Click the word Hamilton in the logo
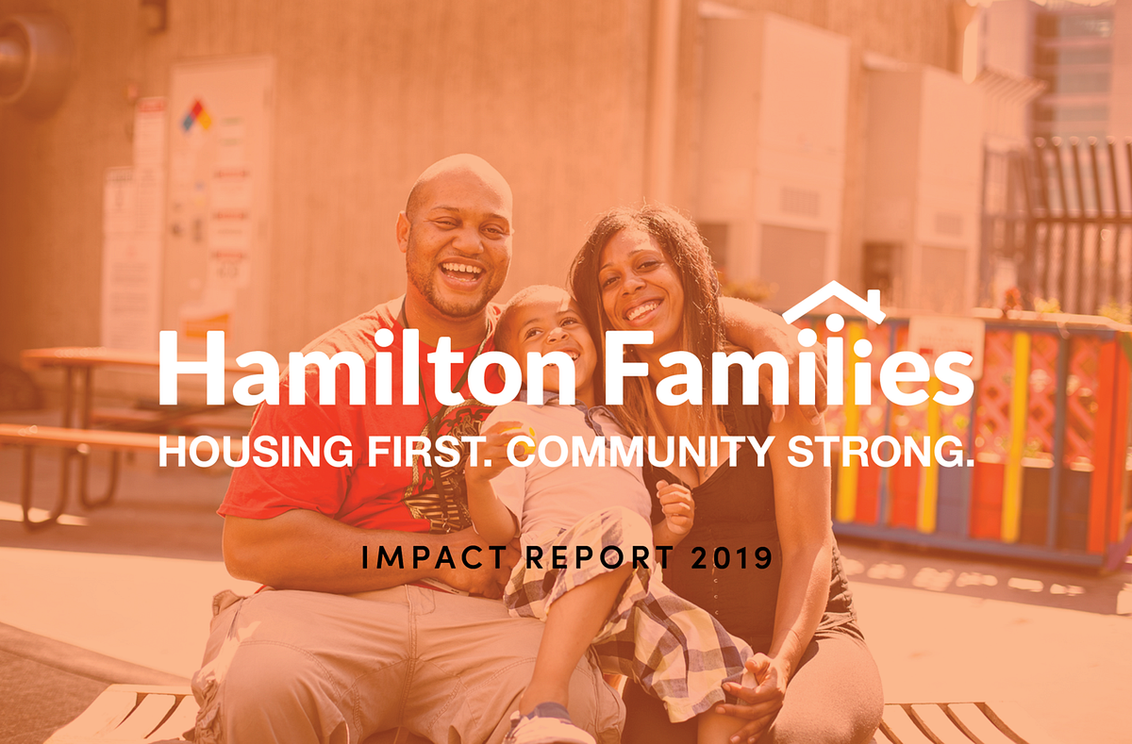tap(367, 369)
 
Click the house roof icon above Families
tap(833, 302)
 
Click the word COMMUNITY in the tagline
tap(641, 452)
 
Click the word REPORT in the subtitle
tap(586, 558)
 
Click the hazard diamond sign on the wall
tap(196, 116)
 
